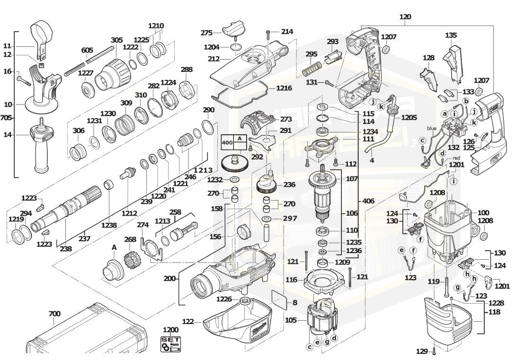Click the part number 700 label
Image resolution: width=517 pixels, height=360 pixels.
[54, 313]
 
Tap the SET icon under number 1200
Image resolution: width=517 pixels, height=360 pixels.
[170, 343]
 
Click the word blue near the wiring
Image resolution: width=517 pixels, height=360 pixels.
[431, 128]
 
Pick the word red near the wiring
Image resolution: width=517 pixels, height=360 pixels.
[456, 158]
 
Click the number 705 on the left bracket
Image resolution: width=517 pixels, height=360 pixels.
[6, 118]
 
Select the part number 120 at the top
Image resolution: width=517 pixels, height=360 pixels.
[405, 17]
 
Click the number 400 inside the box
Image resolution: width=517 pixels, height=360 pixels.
[227, 142]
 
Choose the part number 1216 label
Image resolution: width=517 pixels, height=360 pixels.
[284, 88]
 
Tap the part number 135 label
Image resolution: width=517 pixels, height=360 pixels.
[451, 35]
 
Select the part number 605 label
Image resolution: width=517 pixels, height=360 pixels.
[87, 50]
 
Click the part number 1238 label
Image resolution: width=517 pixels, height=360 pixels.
[109, 226]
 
